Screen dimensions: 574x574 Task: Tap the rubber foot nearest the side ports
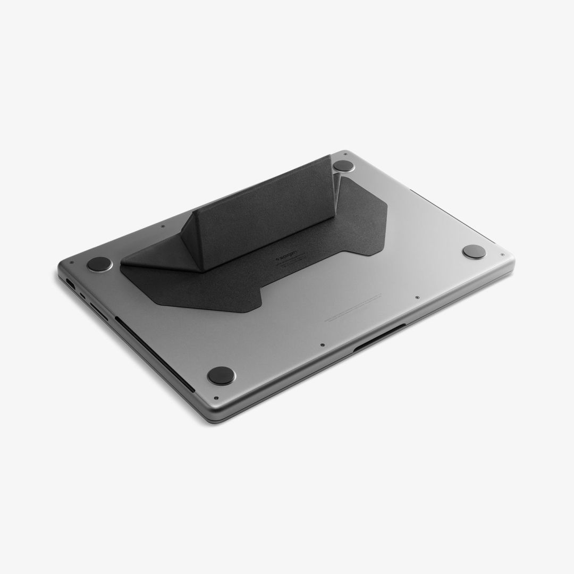[x=99, y=264]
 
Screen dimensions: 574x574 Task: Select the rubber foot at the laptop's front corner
[x=221, y=375]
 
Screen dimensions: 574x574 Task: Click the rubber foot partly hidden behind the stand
[x=344, y=166]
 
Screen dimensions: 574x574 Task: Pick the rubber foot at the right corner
[x=474, y=251]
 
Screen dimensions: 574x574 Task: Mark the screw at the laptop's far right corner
[x=502, y=255]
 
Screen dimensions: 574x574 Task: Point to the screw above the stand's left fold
[x=162, y=225]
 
